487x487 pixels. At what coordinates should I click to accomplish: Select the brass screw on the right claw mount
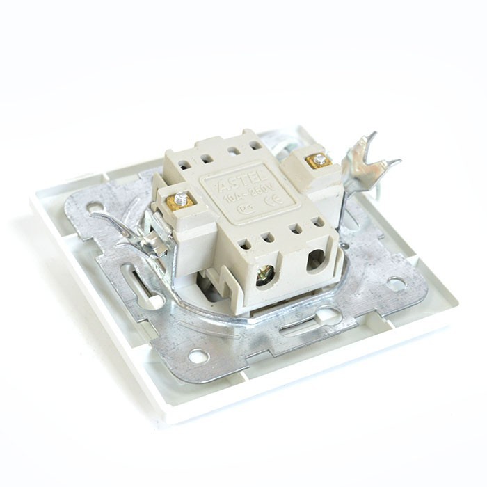(x=319, y=161)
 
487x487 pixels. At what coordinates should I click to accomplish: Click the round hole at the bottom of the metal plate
(x=198, y=356)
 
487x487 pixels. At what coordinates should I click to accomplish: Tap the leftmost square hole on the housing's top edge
(x=184, y=166)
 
